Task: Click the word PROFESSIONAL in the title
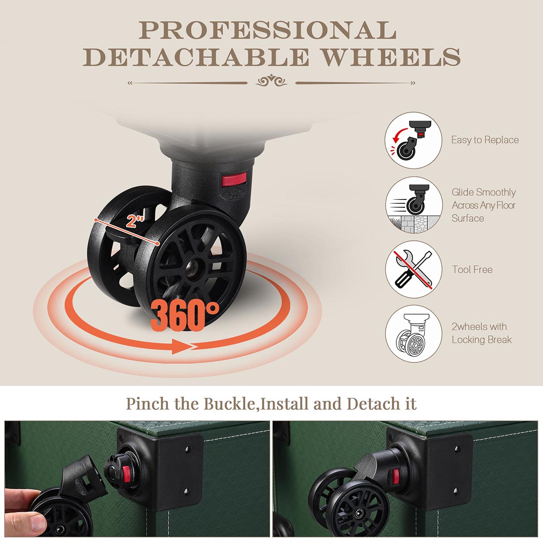click(x=267, y=30)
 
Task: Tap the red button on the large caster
click(x=234, y=180)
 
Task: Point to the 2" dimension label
click(x=136, y=221)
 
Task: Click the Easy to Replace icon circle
click(x=414, y=140)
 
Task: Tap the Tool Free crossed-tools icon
click(x=414, y=269)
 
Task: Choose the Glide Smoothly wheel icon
click(x=414, y=205)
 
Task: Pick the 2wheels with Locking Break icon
click(x=414, y=333)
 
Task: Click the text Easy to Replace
click(x=485, y=140)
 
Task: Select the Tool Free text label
click(x=472, y=269)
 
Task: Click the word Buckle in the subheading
click(x=229, y=404)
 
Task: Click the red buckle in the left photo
click(x=126, y=474)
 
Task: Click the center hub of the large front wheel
click(x=192, y=266)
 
